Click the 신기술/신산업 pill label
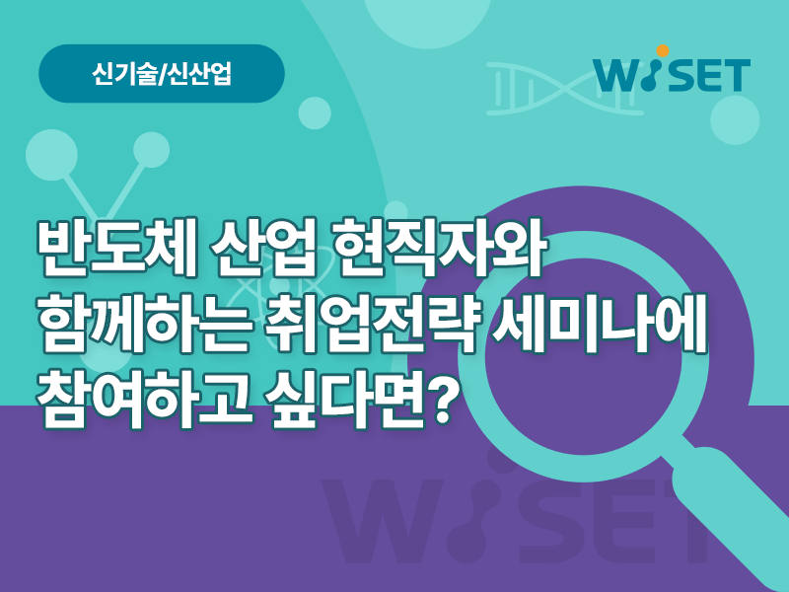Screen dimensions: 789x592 162,74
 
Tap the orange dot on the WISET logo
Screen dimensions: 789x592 663,51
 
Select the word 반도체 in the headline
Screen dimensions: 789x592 115,248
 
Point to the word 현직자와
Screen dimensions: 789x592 441,248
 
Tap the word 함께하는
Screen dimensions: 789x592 144,323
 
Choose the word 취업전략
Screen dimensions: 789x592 373,323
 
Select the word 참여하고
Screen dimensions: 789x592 144,399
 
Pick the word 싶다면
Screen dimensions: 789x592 346,399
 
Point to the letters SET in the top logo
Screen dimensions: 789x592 709,76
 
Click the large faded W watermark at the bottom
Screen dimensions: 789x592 383,521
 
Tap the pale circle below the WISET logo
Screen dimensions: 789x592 735,119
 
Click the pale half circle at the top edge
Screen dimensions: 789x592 428,20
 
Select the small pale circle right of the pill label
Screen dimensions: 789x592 315,113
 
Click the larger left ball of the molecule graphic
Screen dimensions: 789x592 51,155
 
